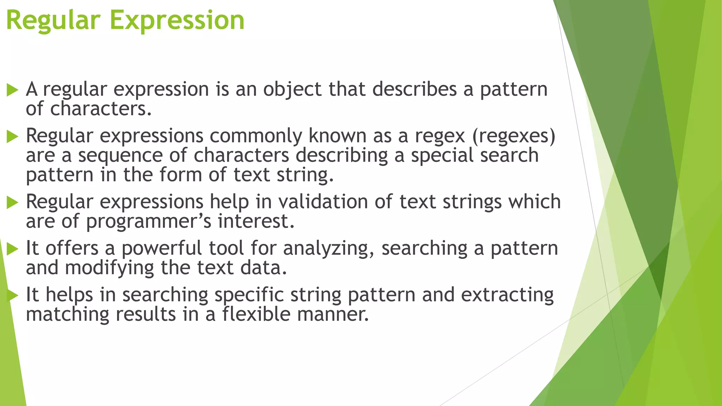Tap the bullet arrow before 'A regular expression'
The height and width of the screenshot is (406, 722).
tap(12, 90)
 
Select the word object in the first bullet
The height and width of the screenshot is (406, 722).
tap(292, 89)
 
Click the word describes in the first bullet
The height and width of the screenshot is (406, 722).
tap(415, 89)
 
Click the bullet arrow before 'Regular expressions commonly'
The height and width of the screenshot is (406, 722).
tap(12, 136)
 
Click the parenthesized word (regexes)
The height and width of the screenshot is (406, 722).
tap(514, 136)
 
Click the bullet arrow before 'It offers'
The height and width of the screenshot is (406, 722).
tap(12, 249)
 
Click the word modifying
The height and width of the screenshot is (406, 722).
tap(109, 268)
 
